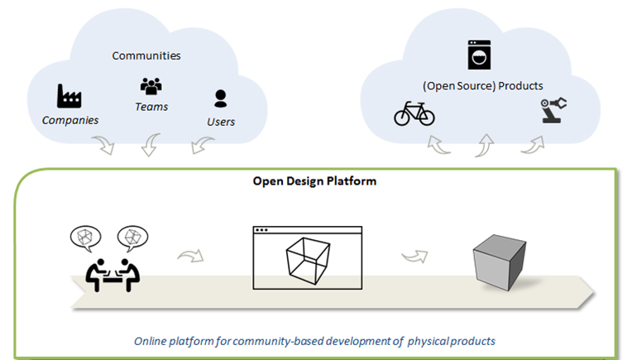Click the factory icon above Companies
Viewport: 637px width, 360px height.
pyautogui.click(x=69, y=96)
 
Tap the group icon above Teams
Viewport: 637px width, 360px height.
pyautogui.click(x=151, y=87)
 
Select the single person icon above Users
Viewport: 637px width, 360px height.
pyautogui.click(x=221, y=98)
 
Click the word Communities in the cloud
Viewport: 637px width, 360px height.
pyautogui.click(x=146, y=55)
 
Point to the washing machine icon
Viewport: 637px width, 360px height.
pyautogui.click(x=479, y=55)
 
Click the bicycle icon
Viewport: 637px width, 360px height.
pyautogui.click(x=414, y=113)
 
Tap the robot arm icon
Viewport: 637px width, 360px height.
pyautogui.click(x=553, y=110)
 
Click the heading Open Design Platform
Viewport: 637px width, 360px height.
pyautogui.click(x=314, y=181)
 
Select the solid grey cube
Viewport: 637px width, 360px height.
pyautogui.click(x=500, y=262)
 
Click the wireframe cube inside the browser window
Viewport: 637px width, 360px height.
pyautogui.click(x=308, y=261)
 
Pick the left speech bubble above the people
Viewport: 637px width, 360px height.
pyautogui.click(x=85, y=238)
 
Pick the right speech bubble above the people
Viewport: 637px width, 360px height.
pyautogui.click(x=133, y=238)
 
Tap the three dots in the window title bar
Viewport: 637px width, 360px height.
pyautogui.click(x=261, y=230)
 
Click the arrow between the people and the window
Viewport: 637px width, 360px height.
pyautogui.click(x=191, y=255)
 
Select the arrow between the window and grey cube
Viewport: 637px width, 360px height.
pyautogui.click(x=415, y=256)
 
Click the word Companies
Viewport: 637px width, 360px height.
pyautogui.click(x=70, y=120)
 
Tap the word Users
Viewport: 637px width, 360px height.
pyautogui.click(x=221, y=122)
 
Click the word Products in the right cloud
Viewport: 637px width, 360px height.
pyautogui.click(x=520, y=86)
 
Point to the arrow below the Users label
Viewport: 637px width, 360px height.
pyautogui.click(x=202, y=144)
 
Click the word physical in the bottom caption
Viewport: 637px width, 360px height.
pyautogui.click(x=427, y=341)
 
